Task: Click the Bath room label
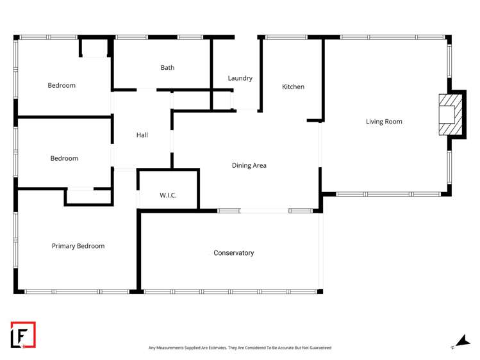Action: pyautogui.click(x=167, y=67)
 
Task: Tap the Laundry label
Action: pyautogui.click(x=240, y=78)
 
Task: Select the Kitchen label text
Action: pyautogui.click(x=293, y=86)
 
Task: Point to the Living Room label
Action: pyautogui.click(x=384, y=121)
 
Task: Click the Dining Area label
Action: pyautogui.click(x=249, y=165)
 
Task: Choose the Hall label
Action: pyautogui.click(x=142, y=135)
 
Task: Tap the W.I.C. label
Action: pyautogui.click(x=168, y=195)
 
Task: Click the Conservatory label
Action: pyautogui.click(x=233, y=253)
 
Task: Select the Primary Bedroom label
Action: pyautogui.click(x=78, y=246)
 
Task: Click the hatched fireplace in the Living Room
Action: pyautogui.click(x=447, y=115)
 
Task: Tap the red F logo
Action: pyautogui.click(x=23, y=334)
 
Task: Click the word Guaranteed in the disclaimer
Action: pyautogui.click(x=319, y=348)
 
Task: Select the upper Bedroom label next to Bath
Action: pyautogui.click(x=62, y=85)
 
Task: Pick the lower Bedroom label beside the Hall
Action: pyautogui.click(x=64, y=158)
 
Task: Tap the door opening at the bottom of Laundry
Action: pyautogui.click(x=245, y=110)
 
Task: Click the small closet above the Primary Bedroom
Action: pyautogui.click(x=88, y=197)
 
